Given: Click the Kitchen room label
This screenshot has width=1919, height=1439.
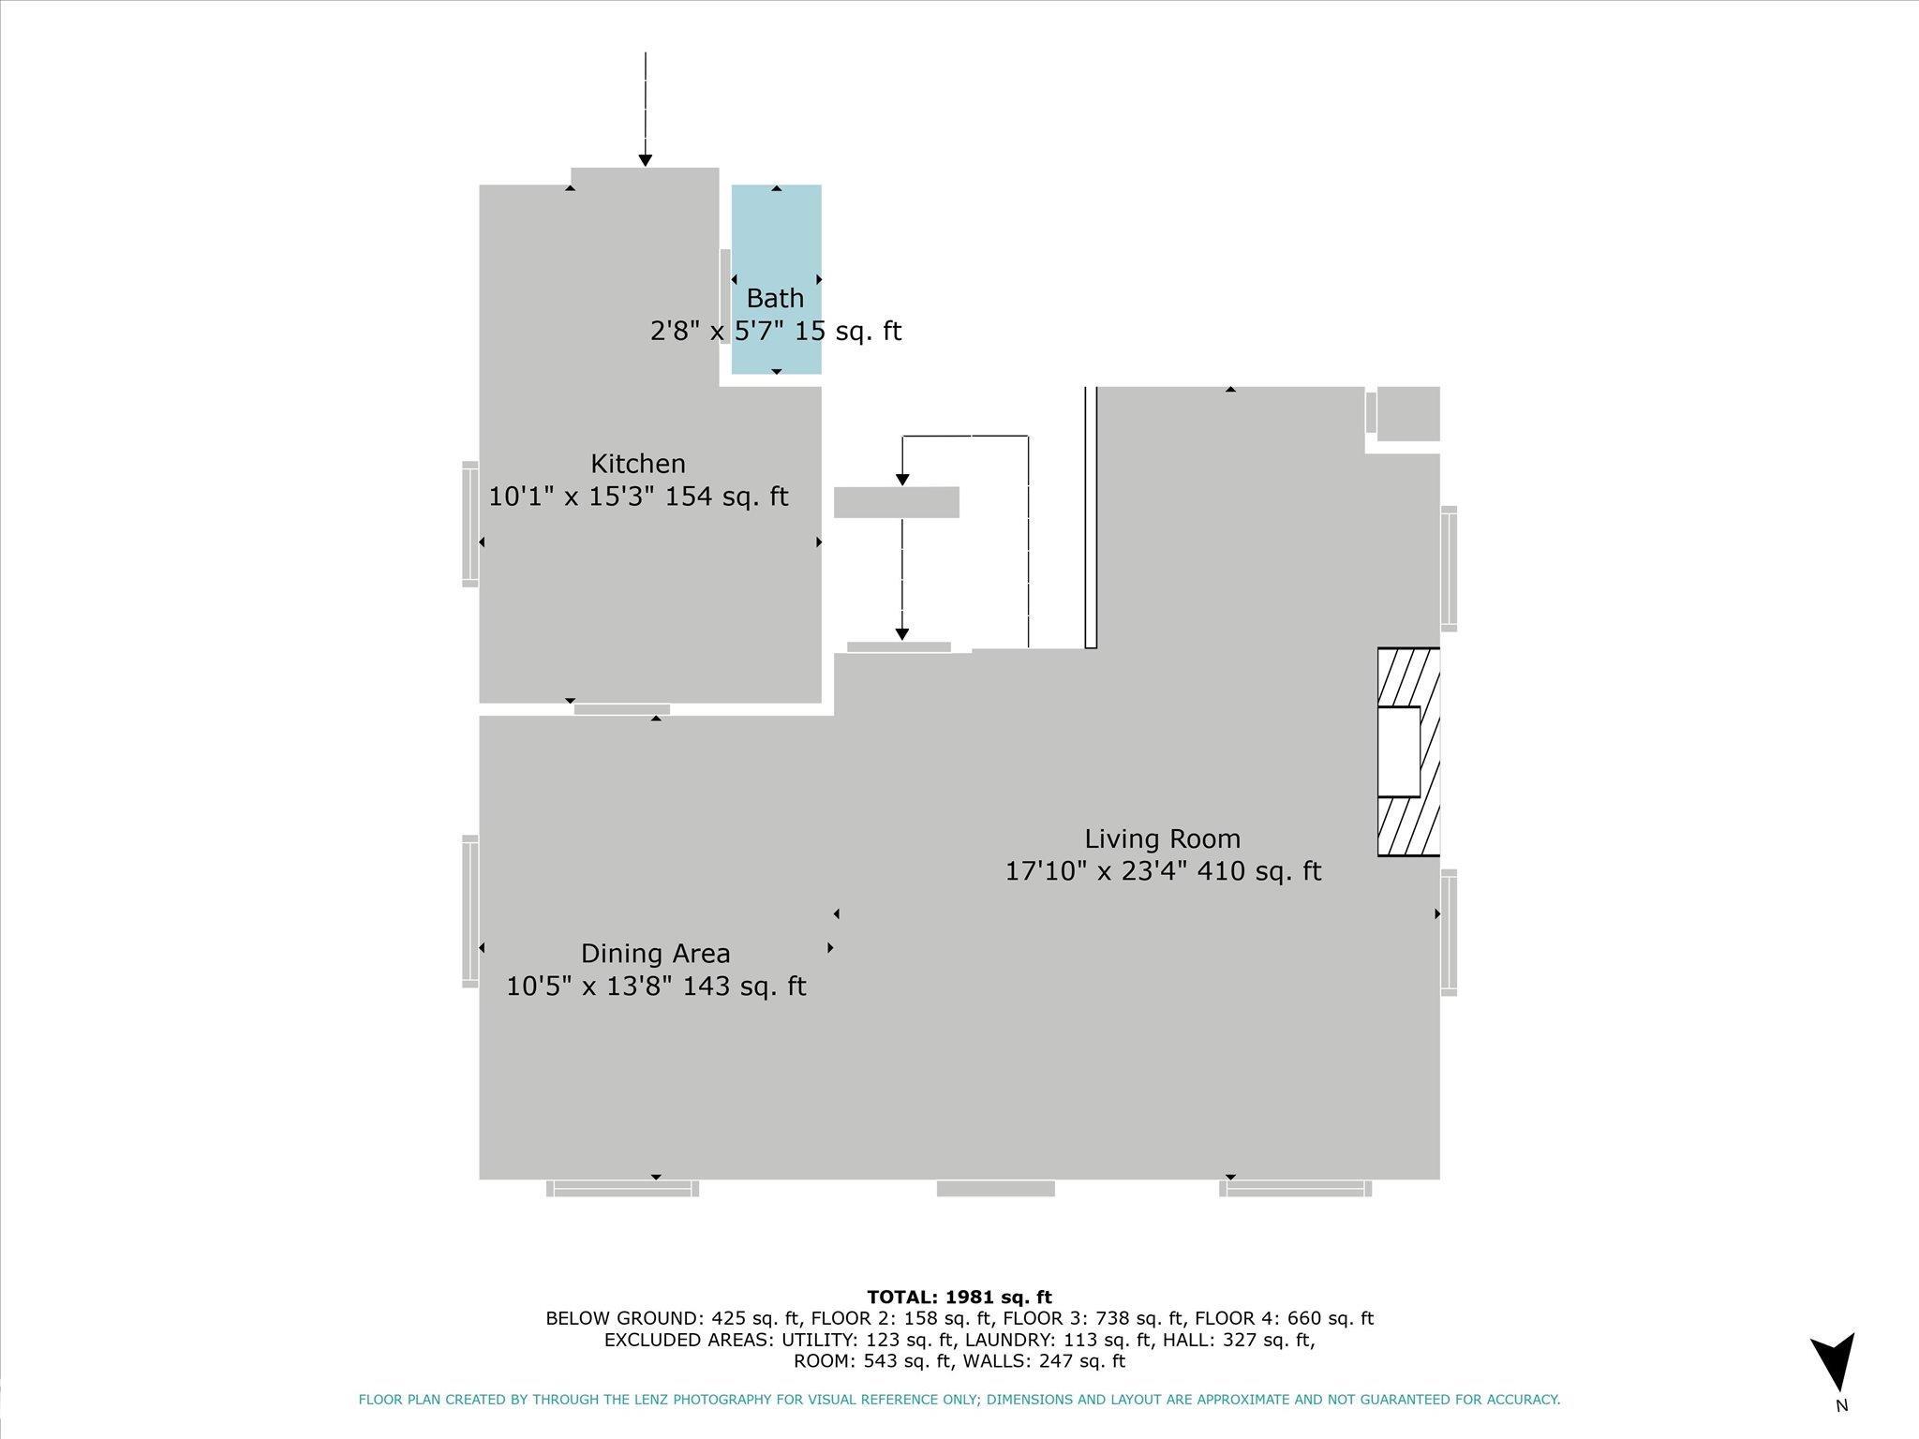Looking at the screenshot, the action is click(638, 464).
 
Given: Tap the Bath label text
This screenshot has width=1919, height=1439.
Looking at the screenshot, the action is click(775, 298).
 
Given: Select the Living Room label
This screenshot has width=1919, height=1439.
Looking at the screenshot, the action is click(1162, 838).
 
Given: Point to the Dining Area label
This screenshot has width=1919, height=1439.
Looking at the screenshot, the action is click(655, 953).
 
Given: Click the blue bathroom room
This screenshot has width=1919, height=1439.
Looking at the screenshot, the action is click(777, 279).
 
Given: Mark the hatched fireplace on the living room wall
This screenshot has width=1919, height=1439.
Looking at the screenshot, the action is click(1408, 751).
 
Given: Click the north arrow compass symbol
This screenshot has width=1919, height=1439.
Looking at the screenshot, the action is click(1833, 1363).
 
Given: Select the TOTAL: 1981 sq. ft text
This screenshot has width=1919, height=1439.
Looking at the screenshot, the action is click(959, 1297).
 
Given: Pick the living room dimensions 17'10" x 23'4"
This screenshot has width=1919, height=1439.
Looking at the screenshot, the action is click(1096, 871).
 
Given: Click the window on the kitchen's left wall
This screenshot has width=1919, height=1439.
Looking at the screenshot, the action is click(470, 524).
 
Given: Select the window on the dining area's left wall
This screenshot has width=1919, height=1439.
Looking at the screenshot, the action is click(470, 911).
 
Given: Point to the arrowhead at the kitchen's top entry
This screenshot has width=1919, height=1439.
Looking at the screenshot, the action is click(645, 161).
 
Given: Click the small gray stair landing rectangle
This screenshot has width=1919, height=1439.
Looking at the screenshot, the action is click(897, 502).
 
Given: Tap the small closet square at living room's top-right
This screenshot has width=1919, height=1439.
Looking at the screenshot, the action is click(1408, 413).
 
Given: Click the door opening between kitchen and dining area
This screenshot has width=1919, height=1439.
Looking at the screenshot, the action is click(622, 709).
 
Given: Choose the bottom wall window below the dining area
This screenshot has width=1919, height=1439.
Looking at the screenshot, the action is click(623, 1189).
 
